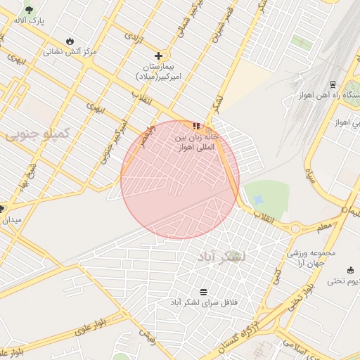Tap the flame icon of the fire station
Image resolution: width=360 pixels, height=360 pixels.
(70, 41)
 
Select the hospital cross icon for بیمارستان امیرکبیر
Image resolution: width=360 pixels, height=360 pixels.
(159, 56)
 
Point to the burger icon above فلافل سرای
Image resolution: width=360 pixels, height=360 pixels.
(204, 291)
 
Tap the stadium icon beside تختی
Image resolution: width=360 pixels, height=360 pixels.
(351, 269)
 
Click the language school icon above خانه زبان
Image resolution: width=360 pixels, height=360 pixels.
(195, 126)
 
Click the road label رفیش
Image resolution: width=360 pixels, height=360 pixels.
(146, 335)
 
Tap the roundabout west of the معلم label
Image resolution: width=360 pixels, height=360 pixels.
(296, 228)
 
